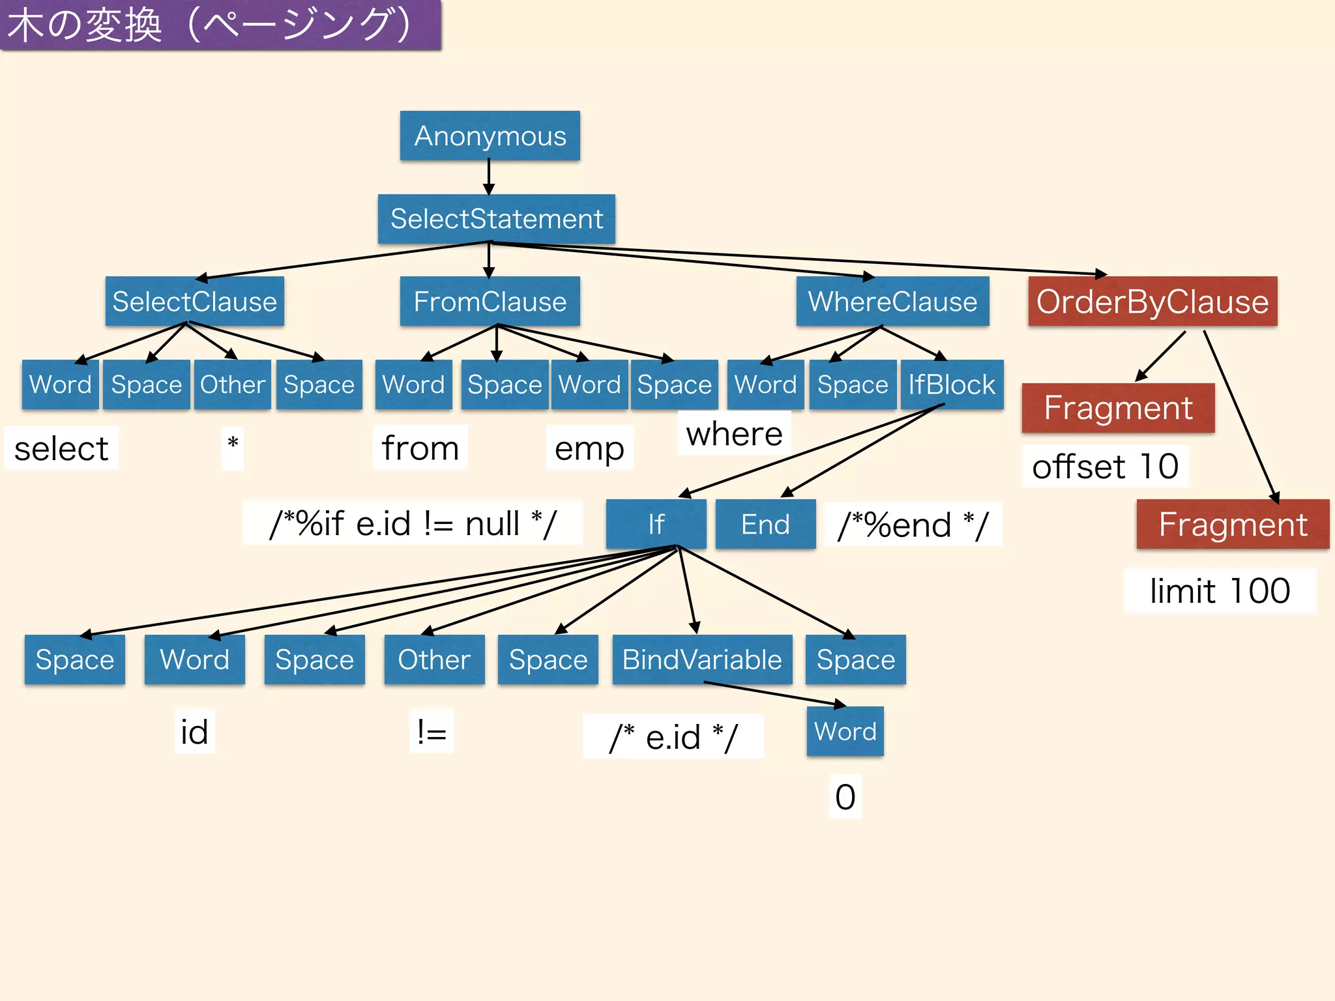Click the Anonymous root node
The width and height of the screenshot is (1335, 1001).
coord(490,136)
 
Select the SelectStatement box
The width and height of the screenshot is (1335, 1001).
coord(496,219)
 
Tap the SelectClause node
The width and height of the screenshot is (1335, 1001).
coord(194,302)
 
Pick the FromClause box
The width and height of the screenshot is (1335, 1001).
coord(490,302)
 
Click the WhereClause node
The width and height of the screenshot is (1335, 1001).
coord(892,302)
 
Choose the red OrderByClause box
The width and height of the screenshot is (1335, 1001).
coord(1152,302)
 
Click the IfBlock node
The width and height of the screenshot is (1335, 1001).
coord(952,384)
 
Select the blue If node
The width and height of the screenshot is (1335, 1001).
coord(656,524)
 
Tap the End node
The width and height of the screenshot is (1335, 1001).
coord(765,524)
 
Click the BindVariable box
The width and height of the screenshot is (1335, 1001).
coord(702,660)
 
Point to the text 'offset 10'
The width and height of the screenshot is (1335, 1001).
coord(1105,467)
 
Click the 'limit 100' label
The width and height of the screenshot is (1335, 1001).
coord(1219,591)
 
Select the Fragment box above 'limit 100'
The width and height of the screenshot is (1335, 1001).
coord(1232,524)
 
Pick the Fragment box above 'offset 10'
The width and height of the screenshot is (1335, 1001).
coord(1118,408)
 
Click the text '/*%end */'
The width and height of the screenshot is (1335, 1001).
coord(913,525)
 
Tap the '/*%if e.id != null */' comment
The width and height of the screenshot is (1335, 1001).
coord(413,523)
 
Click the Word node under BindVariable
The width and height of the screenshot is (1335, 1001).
coord(845,731)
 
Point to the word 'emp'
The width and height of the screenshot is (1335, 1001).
coord(589,448)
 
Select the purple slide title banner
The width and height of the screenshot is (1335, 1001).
coord(220,25)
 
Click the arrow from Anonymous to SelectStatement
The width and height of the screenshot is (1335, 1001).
coord(489,177)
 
